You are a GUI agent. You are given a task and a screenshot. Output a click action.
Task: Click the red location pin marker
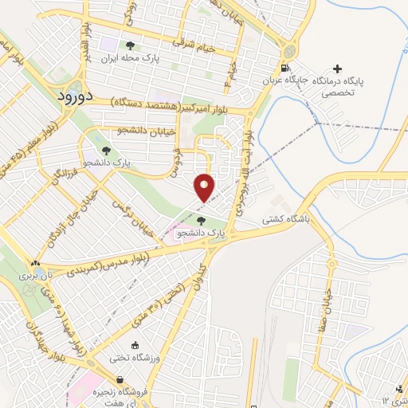pyautogui.click(x=205, y=186)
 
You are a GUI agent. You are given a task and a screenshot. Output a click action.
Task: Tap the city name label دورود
pyautogui.click(x=76, y=96)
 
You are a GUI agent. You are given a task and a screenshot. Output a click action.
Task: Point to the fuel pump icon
pyautogui.click(x=285, y=68)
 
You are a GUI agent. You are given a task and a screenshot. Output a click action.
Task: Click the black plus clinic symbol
pyautogui.click(x=339, y=69)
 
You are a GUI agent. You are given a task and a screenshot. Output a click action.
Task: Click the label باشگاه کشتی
pyautogui.click(x=290, y=215)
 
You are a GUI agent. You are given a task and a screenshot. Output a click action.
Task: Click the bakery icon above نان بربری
pyautogui.click(x=33, y=263)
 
